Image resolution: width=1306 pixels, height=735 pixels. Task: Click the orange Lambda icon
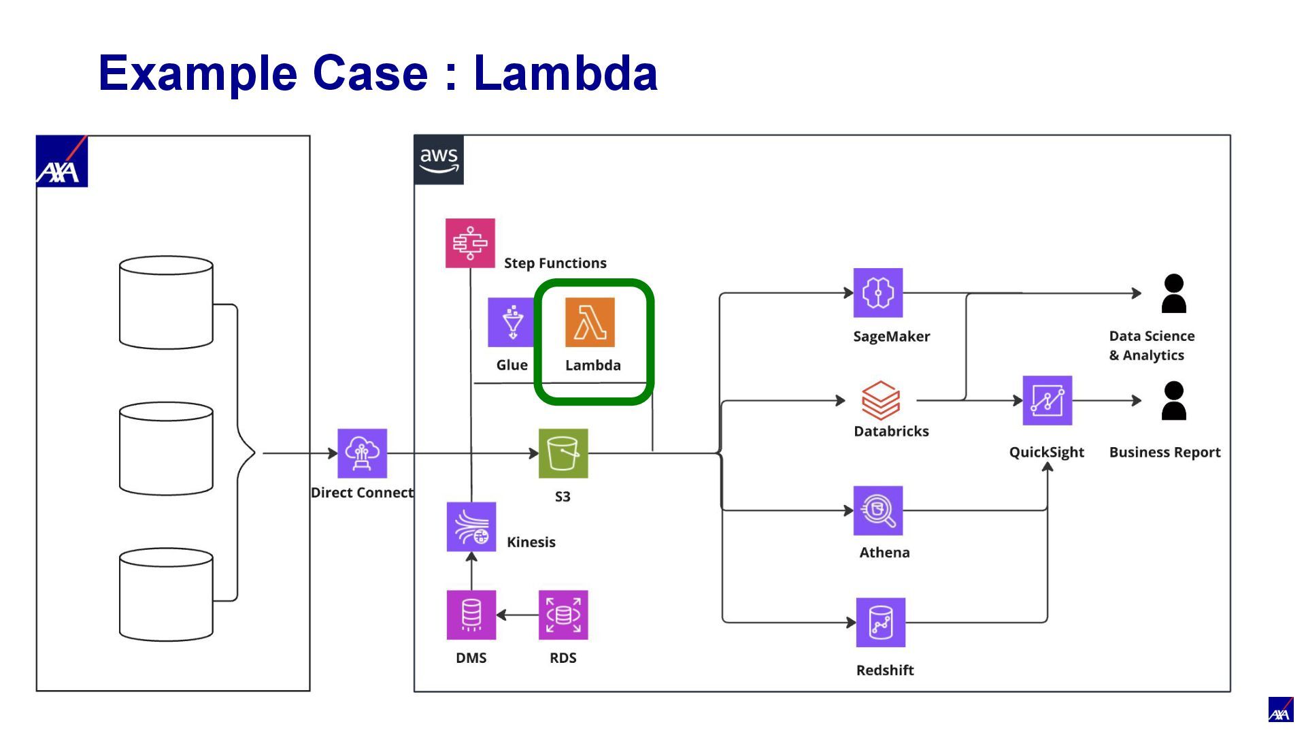click(x=590, y=322)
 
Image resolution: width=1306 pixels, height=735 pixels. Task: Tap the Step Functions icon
click(x=470, y=243)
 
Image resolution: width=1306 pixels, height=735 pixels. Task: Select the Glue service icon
click(x=512, y=322)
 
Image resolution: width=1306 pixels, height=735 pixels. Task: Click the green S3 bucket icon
click(x=563, y=453)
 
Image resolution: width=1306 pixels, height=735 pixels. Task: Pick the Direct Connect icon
click(x=363, y=453)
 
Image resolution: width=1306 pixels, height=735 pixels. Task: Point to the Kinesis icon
click(x=471, y=527)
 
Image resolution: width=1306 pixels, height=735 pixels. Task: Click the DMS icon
click(x=471, y=615)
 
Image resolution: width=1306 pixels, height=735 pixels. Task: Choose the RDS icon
click(x=563, y=615)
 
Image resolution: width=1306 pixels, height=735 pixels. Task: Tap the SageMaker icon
click(x=878, y=293)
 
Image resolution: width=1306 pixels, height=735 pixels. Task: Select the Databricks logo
click(x=881, y=400)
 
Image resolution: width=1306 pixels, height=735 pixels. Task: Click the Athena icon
click(x=878, y=510)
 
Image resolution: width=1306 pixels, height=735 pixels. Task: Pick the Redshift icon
click(x=881, y=622)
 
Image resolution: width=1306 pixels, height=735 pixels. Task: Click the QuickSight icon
click(x=1048, y=400)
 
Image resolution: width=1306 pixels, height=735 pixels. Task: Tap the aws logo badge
click(x=439, y=160)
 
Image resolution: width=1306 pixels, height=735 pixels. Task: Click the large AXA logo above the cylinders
click(x=62, y=161)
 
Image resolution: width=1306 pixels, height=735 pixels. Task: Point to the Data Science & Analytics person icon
click(x=1174, y=293)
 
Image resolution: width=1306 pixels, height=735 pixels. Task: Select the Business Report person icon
click(x=1174, y=400)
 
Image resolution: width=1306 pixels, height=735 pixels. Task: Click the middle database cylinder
click(x=166, y=448)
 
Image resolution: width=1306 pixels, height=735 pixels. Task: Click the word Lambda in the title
click(x=565, y=73)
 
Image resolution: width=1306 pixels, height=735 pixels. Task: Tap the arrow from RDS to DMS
click(x=518, y=615)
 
